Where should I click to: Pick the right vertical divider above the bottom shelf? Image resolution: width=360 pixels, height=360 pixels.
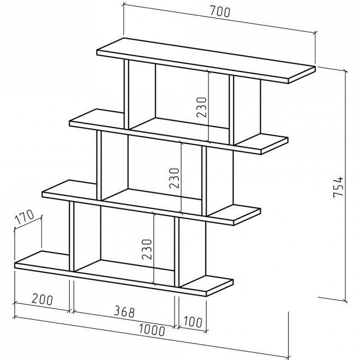tap(176, 251)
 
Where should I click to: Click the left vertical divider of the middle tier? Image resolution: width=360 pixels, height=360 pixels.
tap(99, 164)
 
